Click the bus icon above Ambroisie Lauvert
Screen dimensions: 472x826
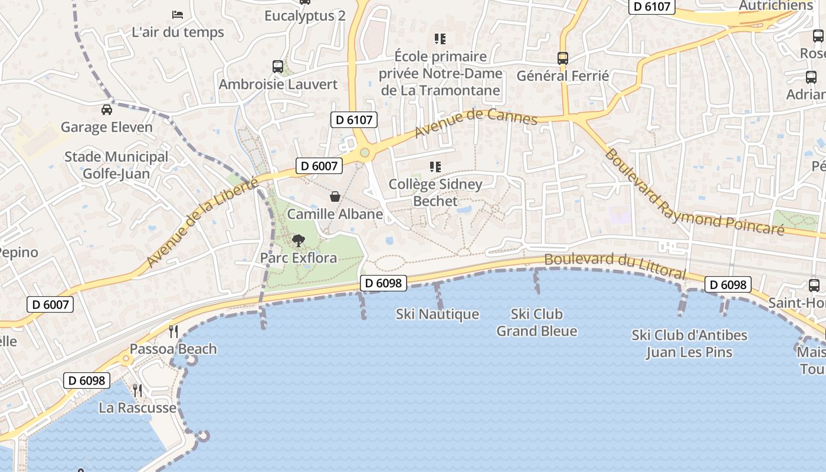coord(277,66)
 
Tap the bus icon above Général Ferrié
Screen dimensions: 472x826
coord(563,58)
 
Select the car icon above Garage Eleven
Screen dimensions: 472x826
coord(107,109)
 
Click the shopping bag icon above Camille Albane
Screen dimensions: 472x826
coord(335,196)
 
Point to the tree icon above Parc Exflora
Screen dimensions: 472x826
coord(299,240)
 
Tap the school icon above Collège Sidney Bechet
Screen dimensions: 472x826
coord(435,167)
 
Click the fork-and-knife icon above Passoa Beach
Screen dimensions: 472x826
coord(173,331)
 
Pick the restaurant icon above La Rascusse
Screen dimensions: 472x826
coord(137,390)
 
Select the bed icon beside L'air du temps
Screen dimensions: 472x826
coord(178,14)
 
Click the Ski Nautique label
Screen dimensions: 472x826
coord(437,314)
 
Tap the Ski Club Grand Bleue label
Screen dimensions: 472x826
coord(536,322)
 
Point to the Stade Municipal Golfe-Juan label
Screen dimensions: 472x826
coord(116,165)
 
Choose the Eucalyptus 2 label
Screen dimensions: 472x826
coord(304,16)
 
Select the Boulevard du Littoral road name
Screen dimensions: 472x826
coord(615,266)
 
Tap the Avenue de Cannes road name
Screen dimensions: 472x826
coord(476,122)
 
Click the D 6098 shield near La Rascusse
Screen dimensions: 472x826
coord(87,381)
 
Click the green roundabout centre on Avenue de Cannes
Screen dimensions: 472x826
coord(365,153)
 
